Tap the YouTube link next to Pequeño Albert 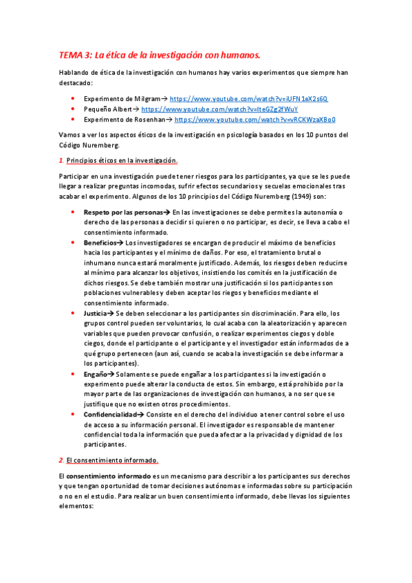(x=219, y=109)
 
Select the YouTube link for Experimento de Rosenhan (x=255, y=119)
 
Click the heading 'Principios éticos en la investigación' (x=122, y=161)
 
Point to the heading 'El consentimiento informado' (x=112, y=459)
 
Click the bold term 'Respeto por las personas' (x=124, y=213)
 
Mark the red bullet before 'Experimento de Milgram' (x=73, y=99)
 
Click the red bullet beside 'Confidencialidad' (x=73, y=415)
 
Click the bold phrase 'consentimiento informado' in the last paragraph (x=105, y=476)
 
